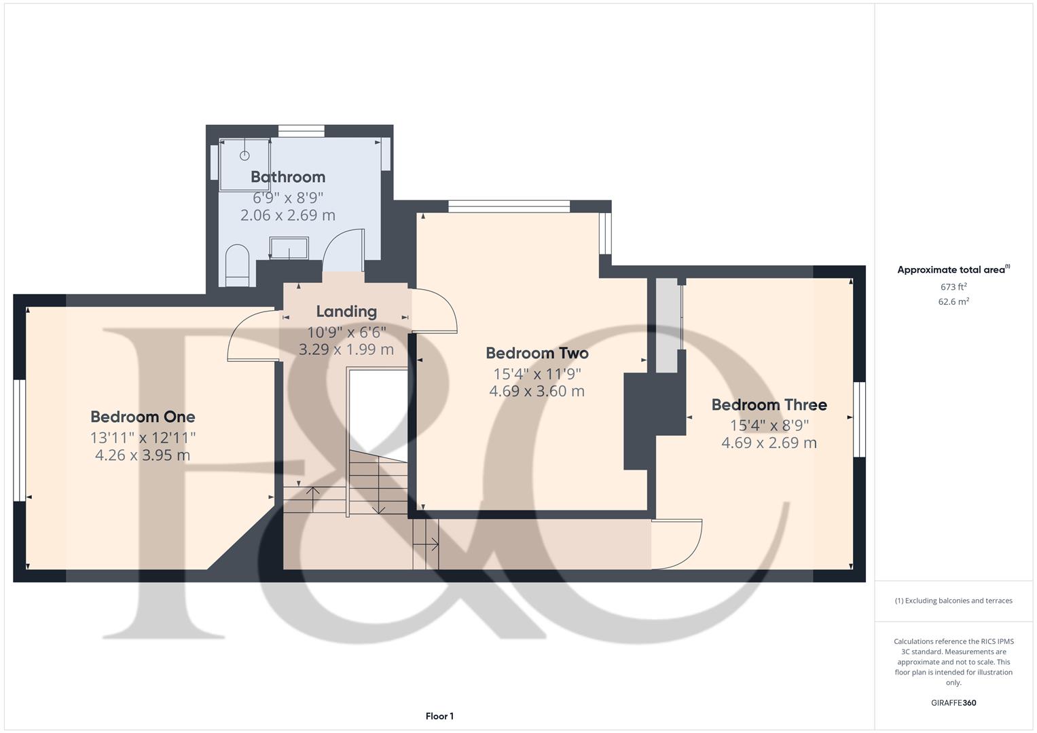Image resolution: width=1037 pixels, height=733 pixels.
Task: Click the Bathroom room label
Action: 288,177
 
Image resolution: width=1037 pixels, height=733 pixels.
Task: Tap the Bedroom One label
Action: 143,417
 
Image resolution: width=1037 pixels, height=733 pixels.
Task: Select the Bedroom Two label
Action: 536,353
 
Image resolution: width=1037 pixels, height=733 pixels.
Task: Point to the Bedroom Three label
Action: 769,405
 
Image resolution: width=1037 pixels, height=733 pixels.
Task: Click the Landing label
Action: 346,312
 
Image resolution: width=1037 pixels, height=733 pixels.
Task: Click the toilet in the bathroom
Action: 237,265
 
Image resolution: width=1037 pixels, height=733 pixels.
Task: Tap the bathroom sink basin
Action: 289,248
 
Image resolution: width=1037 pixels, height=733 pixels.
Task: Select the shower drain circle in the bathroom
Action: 244,155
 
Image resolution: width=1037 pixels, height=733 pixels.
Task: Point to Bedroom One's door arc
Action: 248,334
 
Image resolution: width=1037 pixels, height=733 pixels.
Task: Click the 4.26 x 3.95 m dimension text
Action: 143,455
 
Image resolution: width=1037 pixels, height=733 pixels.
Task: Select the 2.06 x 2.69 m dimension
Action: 288,215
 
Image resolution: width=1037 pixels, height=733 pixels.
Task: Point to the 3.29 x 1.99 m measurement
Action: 346,350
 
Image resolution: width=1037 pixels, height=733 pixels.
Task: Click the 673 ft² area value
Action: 953,287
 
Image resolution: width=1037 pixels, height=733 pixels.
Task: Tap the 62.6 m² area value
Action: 953,302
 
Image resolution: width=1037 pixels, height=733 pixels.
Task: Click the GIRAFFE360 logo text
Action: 953,703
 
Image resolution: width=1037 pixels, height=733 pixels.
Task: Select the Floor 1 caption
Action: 439,716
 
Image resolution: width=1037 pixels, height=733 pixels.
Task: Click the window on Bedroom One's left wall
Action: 20,440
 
